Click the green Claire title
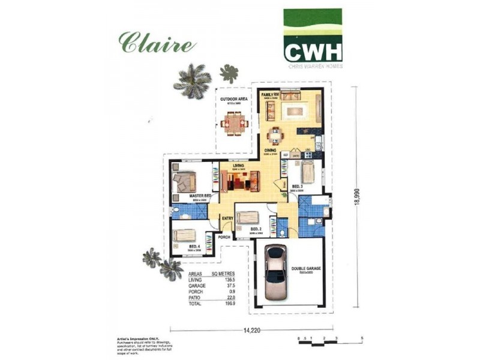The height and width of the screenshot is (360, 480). tap(157, 43)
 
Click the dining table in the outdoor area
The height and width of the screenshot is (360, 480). tap(234, 125)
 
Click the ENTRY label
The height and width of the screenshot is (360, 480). tap(227, 218)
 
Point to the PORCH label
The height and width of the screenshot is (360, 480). tap(224, 237)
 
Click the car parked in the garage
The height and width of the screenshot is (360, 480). tap(277, 272)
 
